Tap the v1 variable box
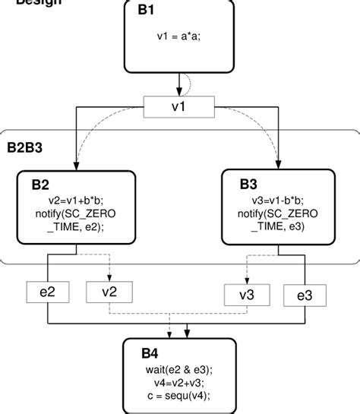[x=178, y=106]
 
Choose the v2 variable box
[x=110, y=291]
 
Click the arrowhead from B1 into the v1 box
[x=178, y=91]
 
